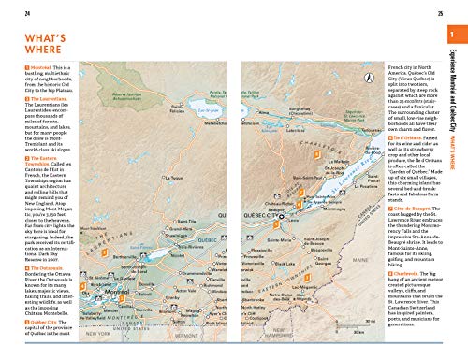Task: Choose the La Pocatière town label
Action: coord(352,186)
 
